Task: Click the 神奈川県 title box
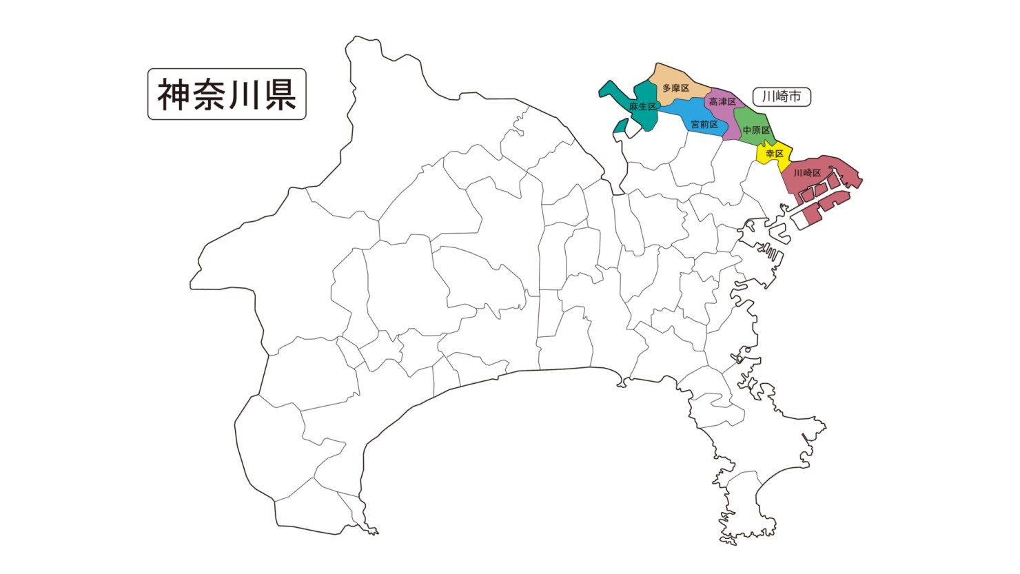pyautogui.click(x=227, y=94)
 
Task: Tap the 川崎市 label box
pyautogui.click(x=782, y=97)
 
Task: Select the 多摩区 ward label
pyautogui.click(x=675, y=88)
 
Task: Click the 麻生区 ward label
pyautogui.click(x=642, y=107)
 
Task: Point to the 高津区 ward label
pyautogui.click(x=722, y=102)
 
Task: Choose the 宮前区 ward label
pyautogui.click(x=704, y=125)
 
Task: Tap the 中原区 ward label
pyautogui.click(x=756, y=130)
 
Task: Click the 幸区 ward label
pyautogui.click(x=775, y=154)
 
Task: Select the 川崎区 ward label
pyautogui.click(x=807, y=173)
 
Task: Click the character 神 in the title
pyautogui.click(x=174, y=94)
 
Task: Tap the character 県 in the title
pyautogui.click(x=280, y=94)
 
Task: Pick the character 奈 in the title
pyautogui.click(x=210, y=94)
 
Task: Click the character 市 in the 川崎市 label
pyautogui.click(x=796, y=97)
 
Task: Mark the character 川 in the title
pyautogui.click(x=245, y=94)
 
